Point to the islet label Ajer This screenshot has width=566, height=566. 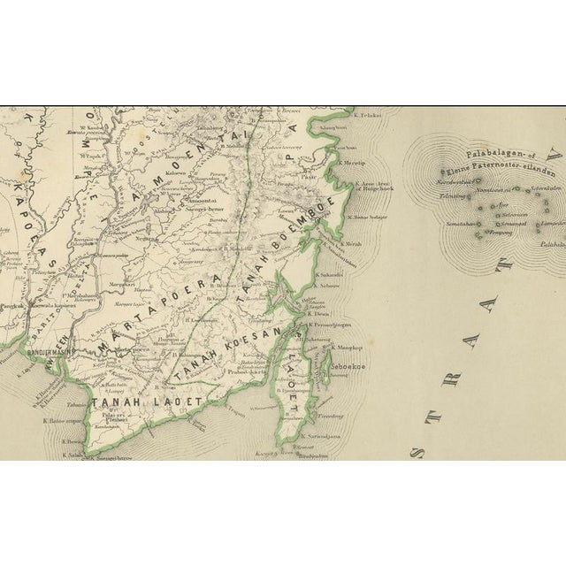point(502,202)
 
